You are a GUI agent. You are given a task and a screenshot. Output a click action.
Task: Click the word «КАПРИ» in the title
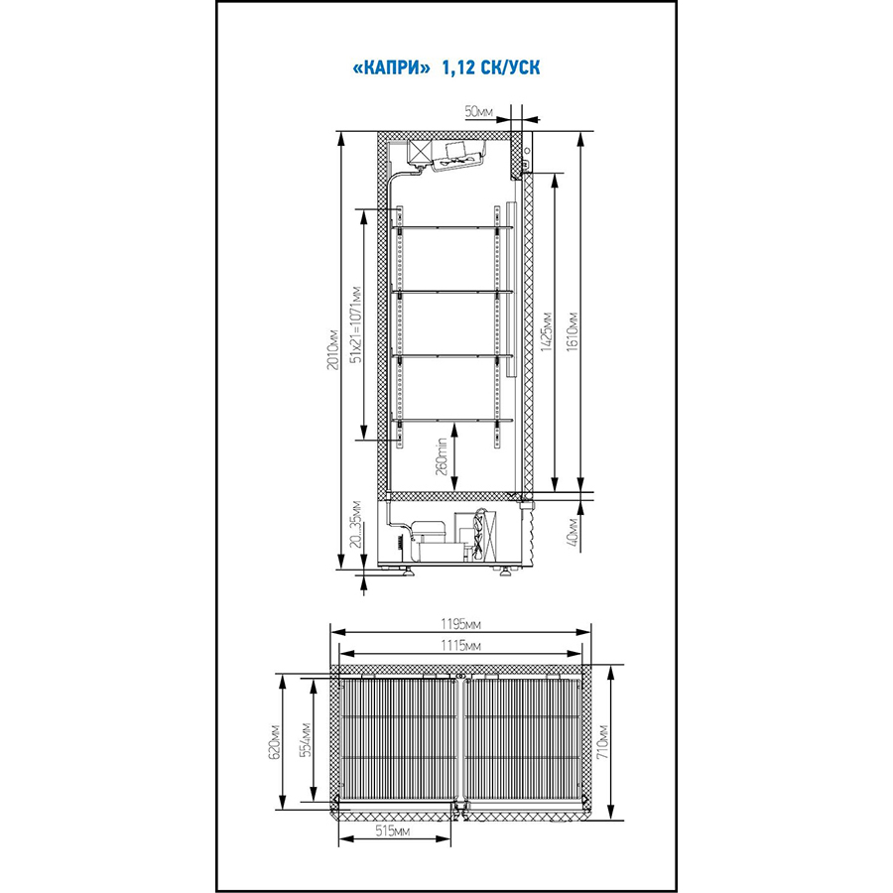(x=391, y=68)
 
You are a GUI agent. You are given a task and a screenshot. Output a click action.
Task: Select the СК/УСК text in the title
(x=511, y=68)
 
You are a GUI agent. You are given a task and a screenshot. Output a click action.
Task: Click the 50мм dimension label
(x=479, y=111)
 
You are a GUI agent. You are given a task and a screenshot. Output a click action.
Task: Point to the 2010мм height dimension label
(x=333, y=349)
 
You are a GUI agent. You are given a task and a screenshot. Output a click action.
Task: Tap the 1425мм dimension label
(x=547, y=331)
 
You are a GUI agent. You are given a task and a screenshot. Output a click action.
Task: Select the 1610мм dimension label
(x=573, y=331)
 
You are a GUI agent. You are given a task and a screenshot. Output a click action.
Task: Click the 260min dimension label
(x=443, y=458)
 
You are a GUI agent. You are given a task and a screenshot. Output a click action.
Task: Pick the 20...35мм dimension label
(x=356, y=524)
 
